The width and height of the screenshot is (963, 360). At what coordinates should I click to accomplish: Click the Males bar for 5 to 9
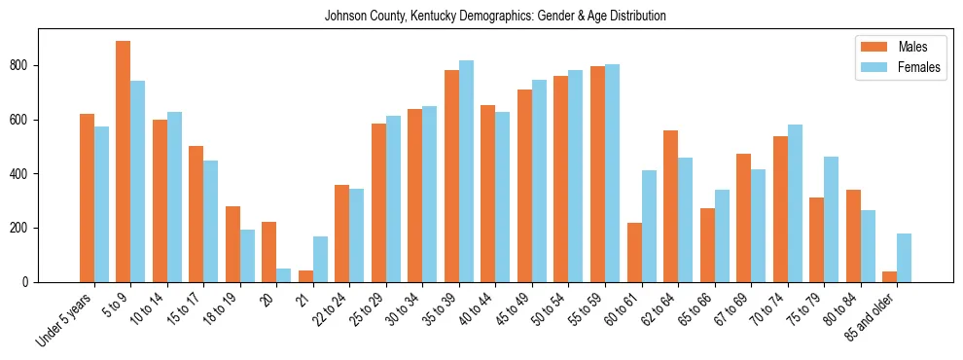[124, 162]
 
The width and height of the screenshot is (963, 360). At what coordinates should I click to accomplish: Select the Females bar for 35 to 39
[466, 171]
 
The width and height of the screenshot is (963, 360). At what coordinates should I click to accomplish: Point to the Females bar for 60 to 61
[649, 227]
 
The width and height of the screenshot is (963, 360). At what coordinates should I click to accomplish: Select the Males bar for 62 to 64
[670, 206]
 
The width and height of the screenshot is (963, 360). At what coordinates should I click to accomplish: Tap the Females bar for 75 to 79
[831, 220]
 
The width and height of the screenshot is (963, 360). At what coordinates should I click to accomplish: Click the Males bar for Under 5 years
[87, 198]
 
